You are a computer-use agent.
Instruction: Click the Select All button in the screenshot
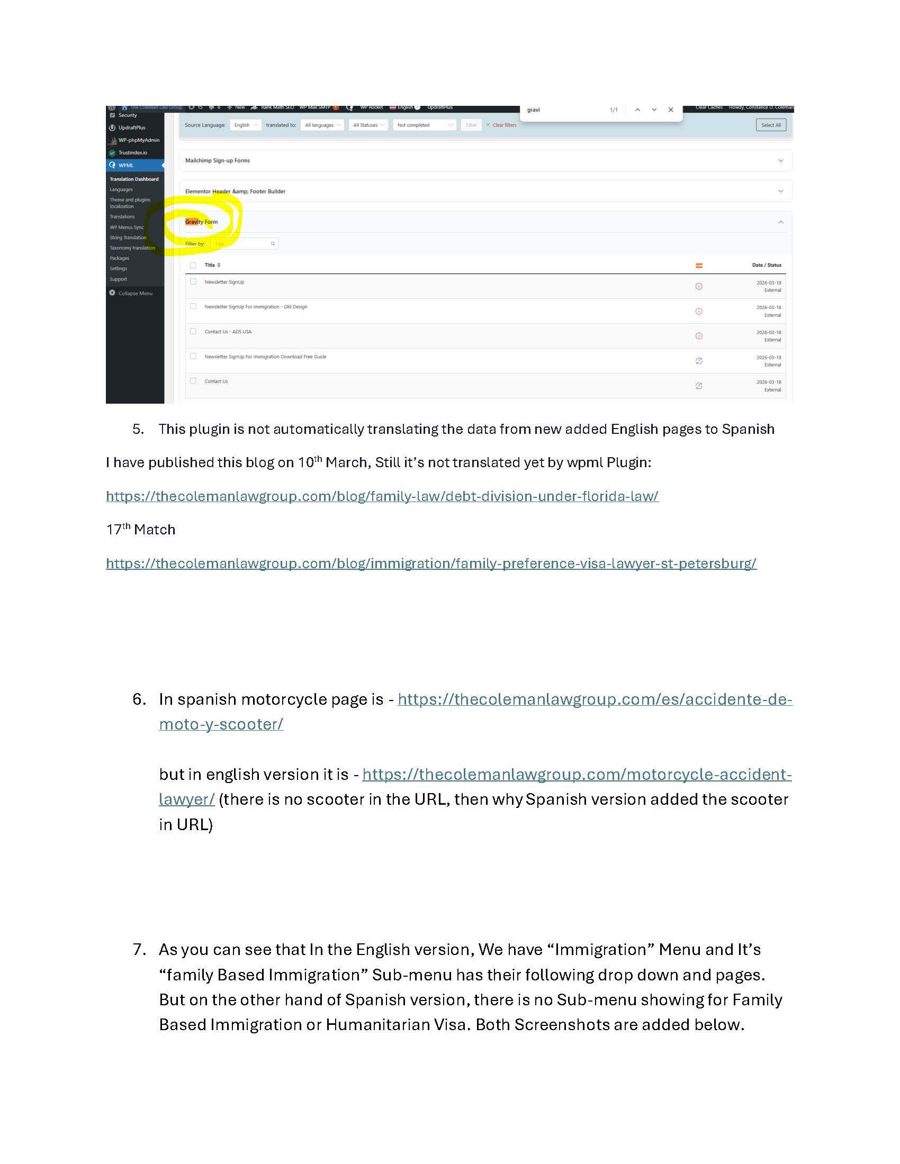770,125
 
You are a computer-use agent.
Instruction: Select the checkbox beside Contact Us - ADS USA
193,332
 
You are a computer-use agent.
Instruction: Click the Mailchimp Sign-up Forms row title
218,160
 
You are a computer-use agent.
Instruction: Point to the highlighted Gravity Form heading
202,222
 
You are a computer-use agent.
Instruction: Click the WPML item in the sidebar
127,165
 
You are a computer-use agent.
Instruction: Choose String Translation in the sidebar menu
128,238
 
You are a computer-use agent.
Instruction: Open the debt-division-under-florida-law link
382,496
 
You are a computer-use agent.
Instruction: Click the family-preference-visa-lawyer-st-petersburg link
431,563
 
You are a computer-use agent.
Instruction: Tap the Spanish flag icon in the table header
698,266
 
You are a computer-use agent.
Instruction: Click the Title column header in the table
210,265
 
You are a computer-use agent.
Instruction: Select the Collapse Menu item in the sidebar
135,293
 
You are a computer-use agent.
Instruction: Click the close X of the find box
670,110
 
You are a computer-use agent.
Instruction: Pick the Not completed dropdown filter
425,125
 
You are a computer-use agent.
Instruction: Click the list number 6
139,699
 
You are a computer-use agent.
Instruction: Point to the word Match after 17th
155,530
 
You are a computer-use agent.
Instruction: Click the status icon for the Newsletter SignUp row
698,286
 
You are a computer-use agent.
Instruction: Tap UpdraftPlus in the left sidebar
132,128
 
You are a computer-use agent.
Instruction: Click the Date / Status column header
766,265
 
